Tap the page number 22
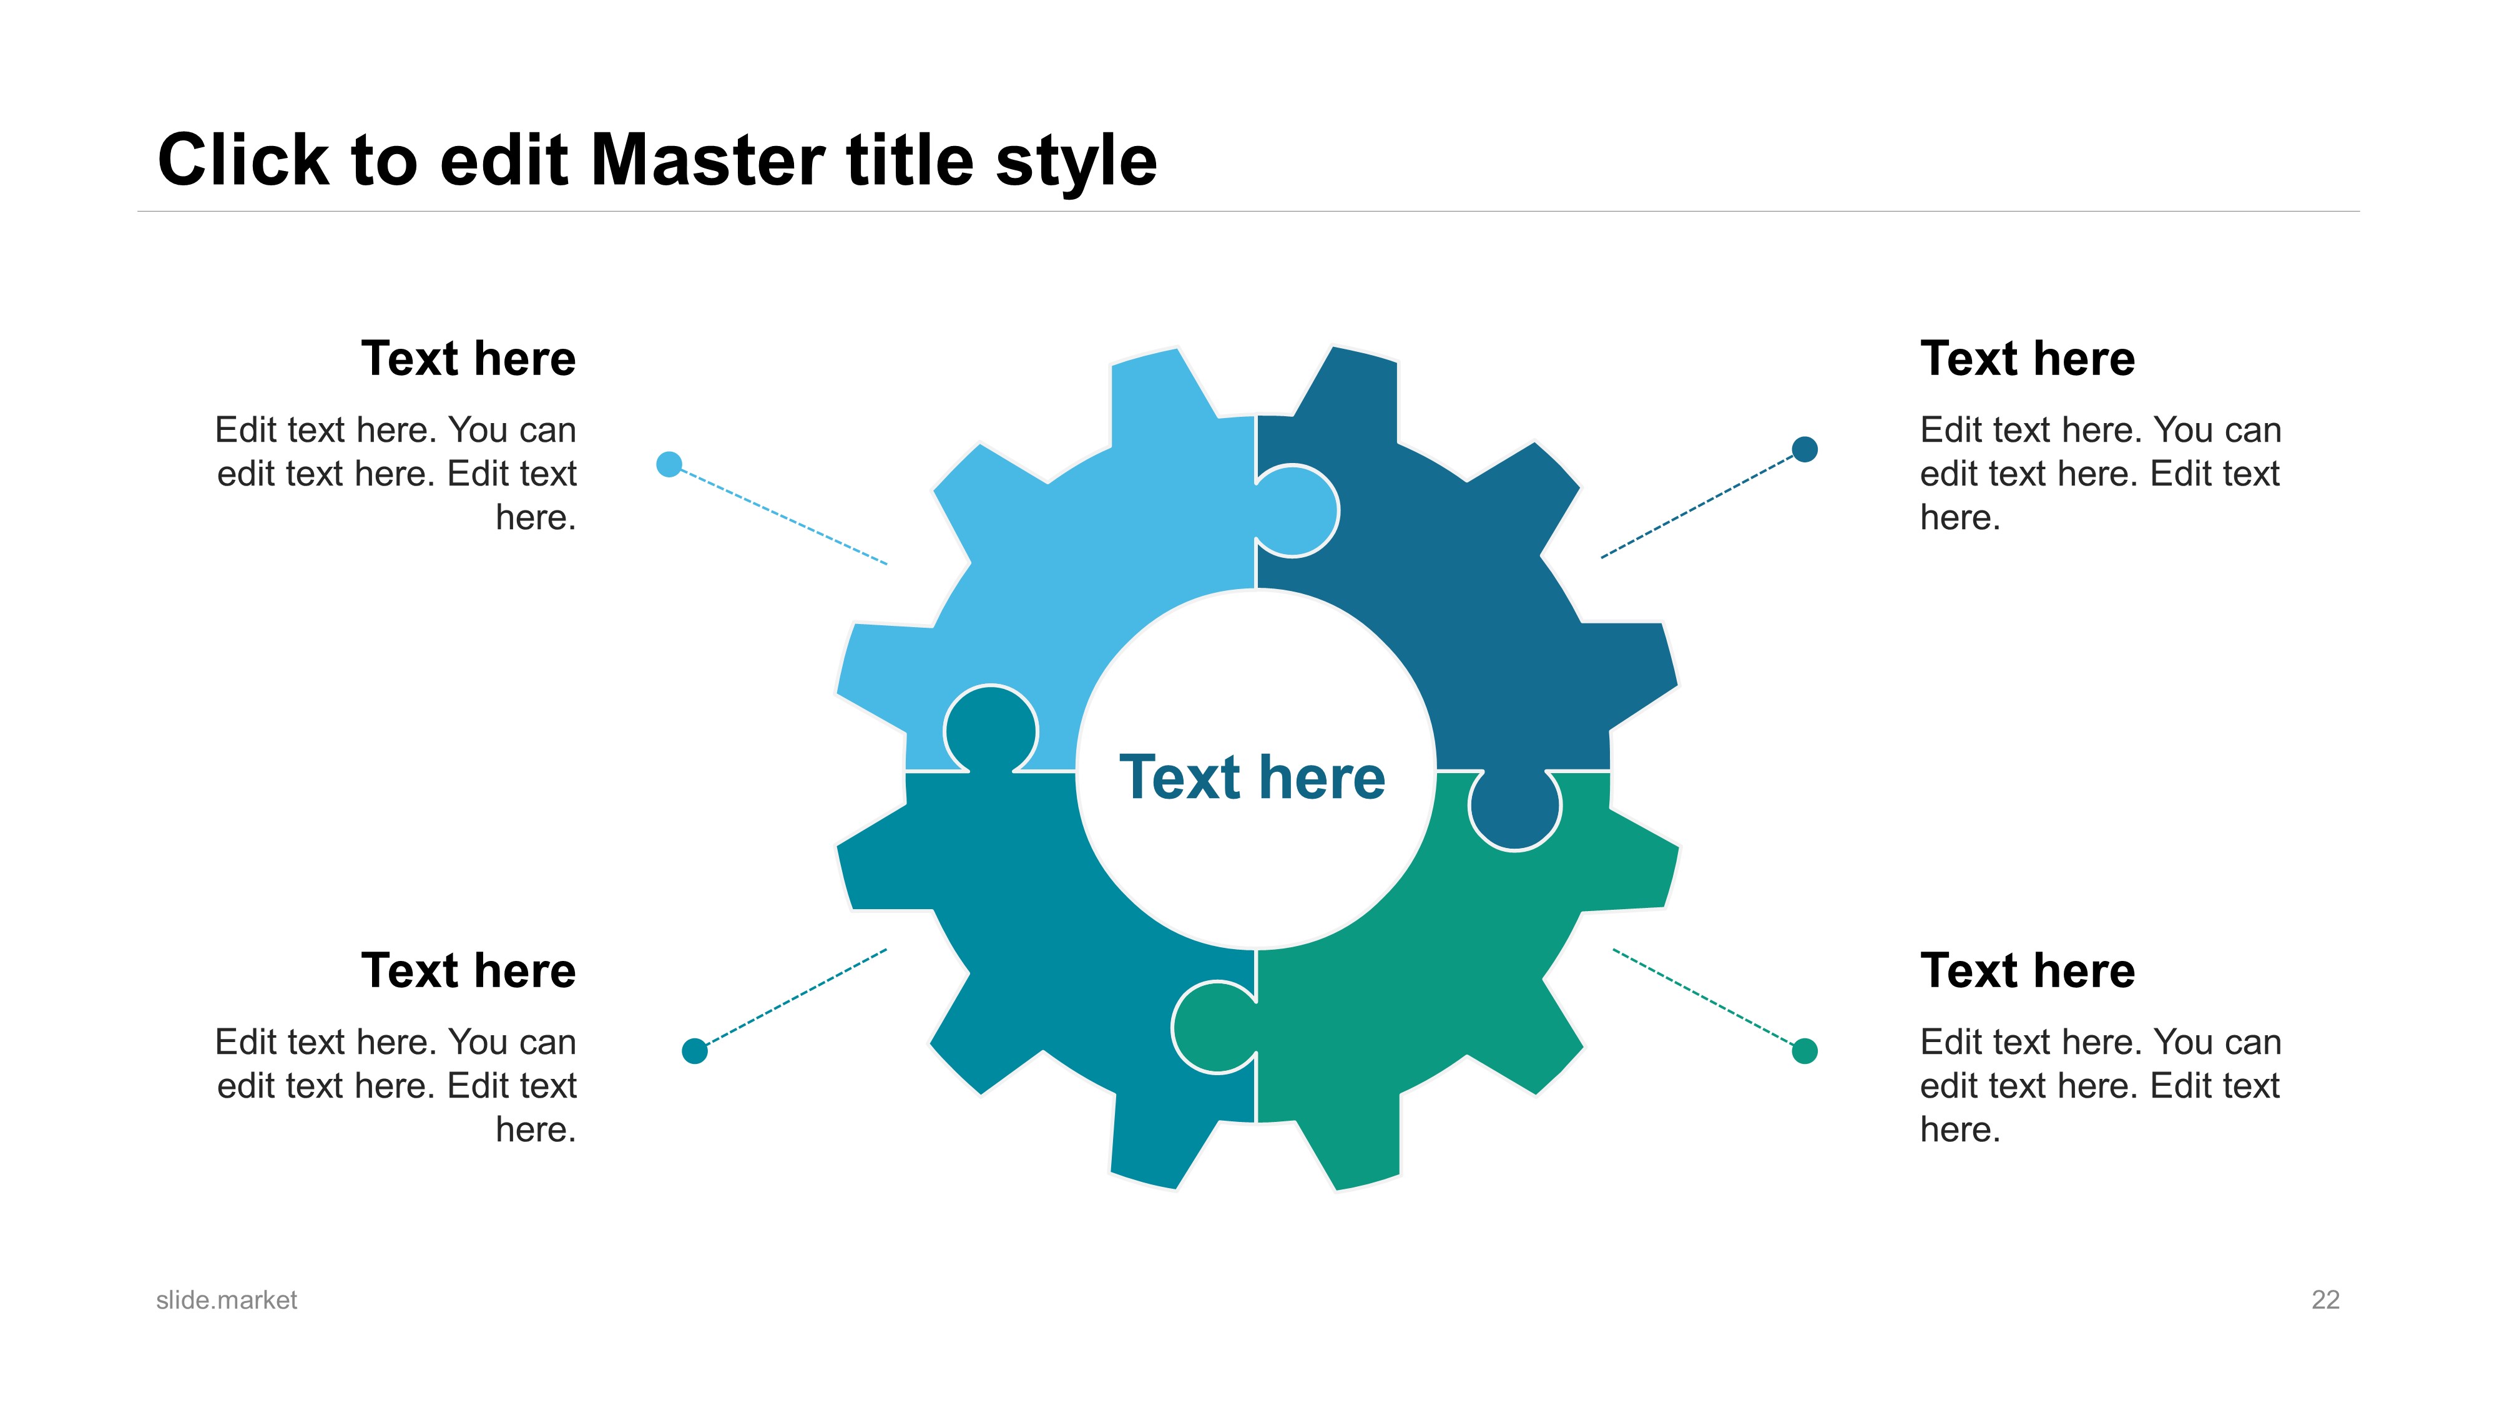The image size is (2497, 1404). tap(2325, 1300)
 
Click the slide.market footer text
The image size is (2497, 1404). tap(227, 1300)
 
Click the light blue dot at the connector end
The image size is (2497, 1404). tap(669, 464)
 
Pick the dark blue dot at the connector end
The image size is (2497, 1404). tap(1805, 449)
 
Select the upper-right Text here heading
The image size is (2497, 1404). tap(2028, 359)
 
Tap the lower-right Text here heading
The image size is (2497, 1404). tap(2028, 971)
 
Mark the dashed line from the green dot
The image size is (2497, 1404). tap(1703, 997)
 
